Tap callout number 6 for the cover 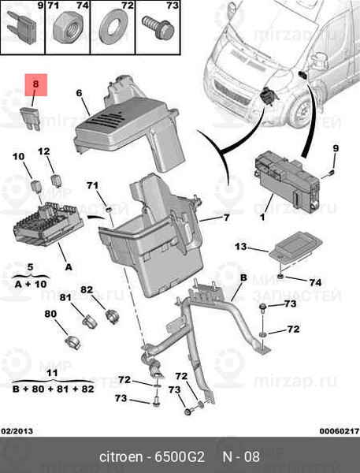(x=79, y=93)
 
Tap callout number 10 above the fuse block (x=18, y=157)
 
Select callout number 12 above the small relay (x=44, y=151)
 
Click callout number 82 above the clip (x=87, y=290)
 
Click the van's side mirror (x=320, y=61)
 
